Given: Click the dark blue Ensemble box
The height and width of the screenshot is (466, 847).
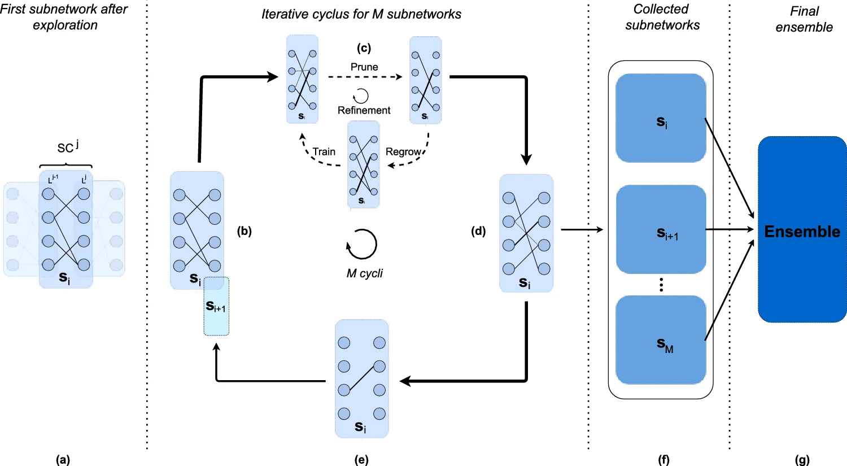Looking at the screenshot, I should (x=802, y=229).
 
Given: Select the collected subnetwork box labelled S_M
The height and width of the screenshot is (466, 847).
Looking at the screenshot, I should (x=661, y=340).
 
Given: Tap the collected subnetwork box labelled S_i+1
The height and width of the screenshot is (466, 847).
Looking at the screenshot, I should (x=661, y=229).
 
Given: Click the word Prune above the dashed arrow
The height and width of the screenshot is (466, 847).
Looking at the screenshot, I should (x=364, y=67).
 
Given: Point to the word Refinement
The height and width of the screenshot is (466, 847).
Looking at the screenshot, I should (x=364, y=110).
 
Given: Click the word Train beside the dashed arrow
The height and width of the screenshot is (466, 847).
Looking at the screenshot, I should (x=324, y=151).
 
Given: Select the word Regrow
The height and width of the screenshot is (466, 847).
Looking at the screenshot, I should (x=403, y=151).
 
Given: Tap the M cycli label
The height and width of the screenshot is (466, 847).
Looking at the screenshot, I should (x=364, y=273).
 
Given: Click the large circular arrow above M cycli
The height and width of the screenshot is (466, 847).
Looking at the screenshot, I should (x=362, y=244).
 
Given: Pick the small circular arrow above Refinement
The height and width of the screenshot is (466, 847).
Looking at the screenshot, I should (x=361, y=95).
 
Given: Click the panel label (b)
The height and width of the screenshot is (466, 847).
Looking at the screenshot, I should (x=244, y=230).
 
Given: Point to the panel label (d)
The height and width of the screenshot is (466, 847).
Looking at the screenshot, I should (x=478, y=230).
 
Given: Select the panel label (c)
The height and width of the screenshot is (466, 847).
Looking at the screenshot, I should (x=364, y=48).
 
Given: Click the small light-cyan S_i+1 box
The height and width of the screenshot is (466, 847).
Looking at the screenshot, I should (x=216, y=306).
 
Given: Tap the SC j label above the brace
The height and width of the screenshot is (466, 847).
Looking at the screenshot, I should (x=67, y=147).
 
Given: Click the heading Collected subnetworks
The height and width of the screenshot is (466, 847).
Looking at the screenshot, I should (x=662, y=17).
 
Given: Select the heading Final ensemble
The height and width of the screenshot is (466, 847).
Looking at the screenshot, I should (x=804, y=19).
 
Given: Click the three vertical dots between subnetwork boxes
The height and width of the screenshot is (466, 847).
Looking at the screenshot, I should (x=661, y=285).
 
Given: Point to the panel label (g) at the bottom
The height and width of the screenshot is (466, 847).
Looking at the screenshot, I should (x=802, y=460).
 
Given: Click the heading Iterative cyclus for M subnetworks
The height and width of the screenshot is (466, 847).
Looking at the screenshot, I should (x=361, y=14).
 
